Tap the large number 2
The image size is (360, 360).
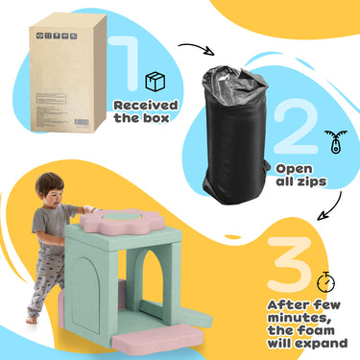pos(296,127)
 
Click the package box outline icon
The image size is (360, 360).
pos(156,82)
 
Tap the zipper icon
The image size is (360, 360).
pos(335,141)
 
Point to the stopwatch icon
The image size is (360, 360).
pos(325,282)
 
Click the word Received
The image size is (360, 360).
pos(146,106)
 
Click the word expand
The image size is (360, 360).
pos(321,344)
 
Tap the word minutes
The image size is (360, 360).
pos(299,318)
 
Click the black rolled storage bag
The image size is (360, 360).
pos(235,134)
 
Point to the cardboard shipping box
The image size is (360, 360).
pos(67,73)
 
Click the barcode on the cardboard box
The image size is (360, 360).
pos(83,122)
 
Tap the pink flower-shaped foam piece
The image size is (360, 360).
pos(122,222)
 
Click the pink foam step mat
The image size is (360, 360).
pos(157,339)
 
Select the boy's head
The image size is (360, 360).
pos(50,190)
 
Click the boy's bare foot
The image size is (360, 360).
pos(32,320)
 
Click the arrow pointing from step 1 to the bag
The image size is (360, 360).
pos(197,47)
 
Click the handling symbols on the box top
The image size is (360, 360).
pos(57,36)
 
